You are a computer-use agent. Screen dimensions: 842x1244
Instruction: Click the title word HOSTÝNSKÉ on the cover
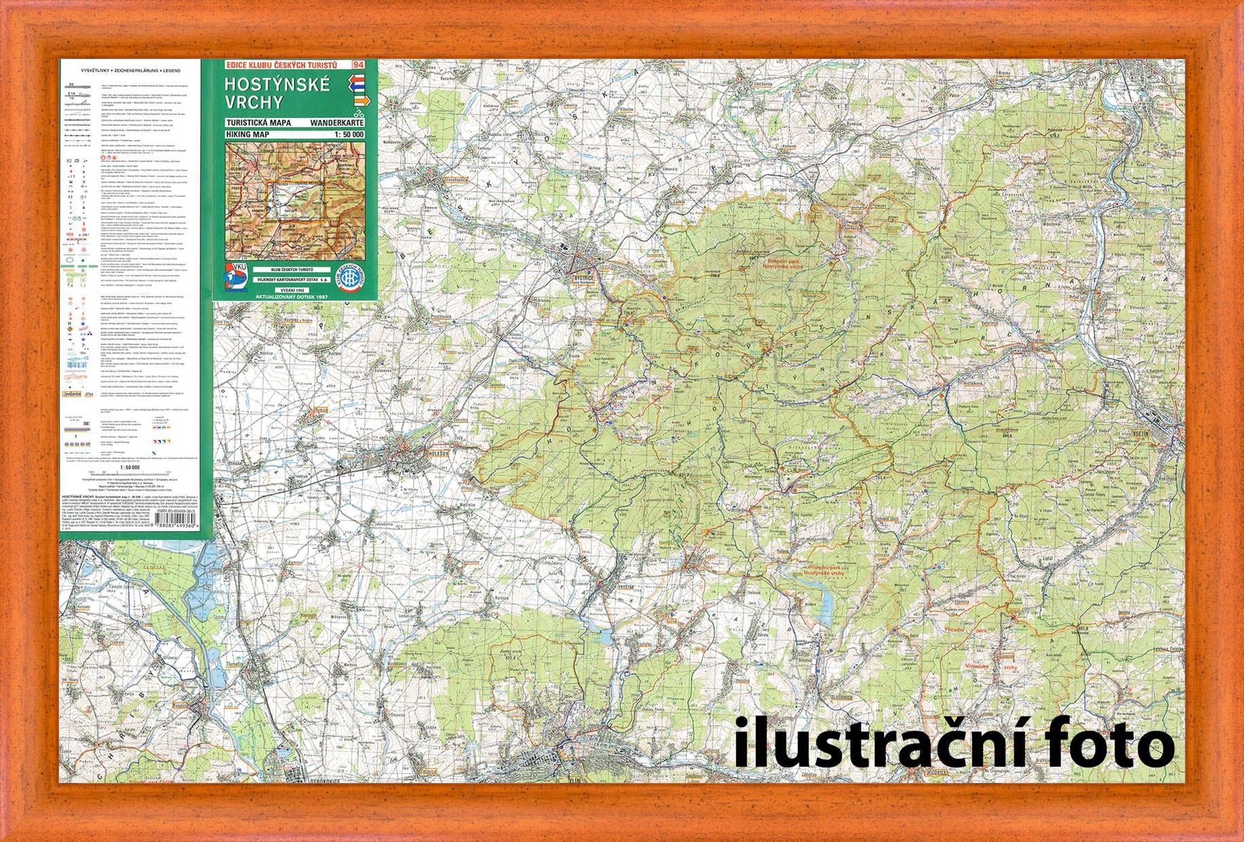pos(278,85)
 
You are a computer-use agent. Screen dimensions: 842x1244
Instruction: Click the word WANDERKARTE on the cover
pos(336,123)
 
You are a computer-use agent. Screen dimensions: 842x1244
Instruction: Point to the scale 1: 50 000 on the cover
pos(345,134)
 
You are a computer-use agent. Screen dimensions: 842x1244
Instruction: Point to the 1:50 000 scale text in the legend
pos(130,468)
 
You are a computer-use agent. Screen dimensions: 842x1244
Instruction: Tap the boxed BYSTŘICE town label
pos(583,278)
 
